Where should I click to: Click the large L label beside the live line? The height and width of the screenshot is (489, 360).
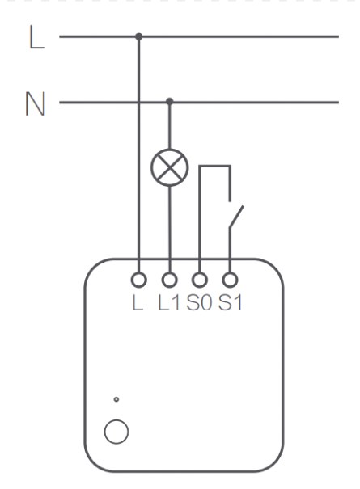pos(37,37)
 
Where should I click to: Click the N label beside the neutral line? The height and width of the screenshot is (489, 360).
pos(36,103)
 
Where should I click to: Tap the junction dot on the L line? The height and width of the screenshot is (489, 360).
pos(139,36)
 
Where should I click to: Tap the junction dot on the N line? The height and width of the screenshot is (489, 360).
pos(170,101)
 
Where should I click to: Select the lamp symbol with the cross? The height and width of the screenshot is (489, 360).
pos(170,167)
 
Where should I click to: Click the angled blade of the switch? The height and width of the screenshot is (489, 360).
pos(236,217)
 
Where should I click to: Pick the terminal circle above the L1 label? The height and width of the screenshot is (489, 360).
pos(170,280)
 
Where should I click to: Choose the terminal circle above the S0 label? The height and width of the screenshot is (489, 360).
pos(200,280)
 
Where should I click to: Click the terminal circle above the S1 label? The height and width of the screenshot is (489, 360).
pos(230,280)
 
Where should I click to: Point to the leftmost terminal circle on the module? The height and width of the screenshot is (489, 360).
pos(139,280)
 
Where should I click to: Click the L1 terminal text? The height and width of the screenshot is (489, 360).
pos(169,303)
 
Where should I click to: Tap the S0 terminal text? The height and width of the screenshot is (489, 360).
pos(199,303)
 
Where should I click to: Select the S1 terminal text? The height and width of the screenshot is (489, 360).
pos(231,303)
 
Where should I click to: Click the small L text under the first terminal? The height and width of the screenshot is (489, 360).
pos(138,303)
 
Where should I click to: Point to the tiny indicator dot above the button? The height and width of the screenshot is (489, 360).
pos(116,399)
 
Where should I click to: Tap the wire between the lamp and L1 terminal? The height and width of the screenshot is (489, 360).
pos(170,230)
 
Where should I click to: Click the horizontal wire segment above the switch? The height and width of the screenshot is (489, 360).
pos(215,167)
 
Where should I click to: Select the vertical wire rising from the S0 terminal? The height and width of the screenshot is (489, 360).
pos(200,219)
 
